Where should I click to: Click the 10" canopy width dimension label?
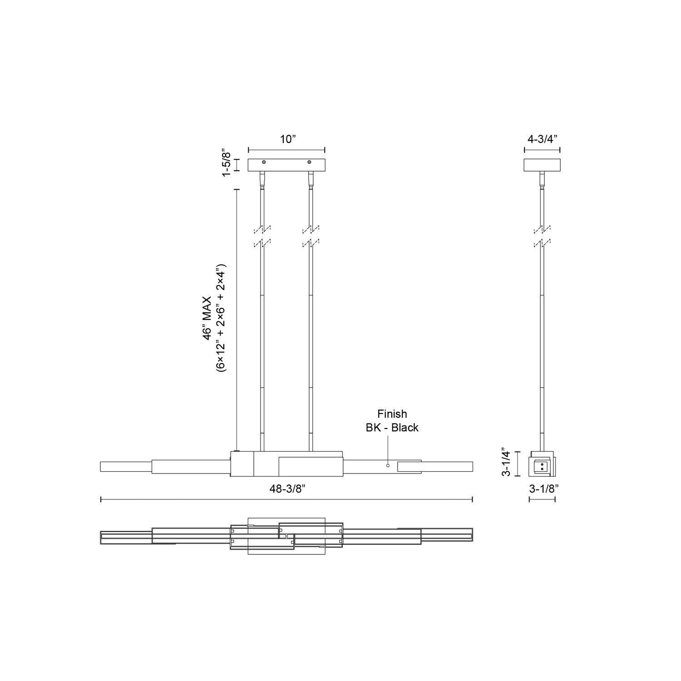click(287, 139)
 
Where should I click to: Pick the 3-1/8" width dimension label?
click(543, 489)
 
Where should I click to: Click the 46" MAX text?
click(207, 318)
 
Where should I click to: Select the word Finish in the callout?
click(392, 414)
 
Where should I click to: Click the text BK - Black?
click(392, 428)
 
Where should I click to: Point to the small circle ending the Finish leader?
click(388, 465)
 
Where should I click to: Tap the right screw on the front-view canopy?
click(310, 162)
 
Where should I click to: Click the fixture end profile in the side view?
click(542, 464)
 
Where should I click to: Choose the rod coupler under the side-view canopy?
click(542, 179)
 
